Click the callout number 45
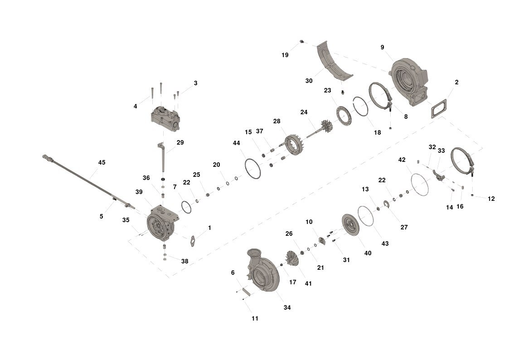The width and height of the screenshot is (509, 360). [102, 162]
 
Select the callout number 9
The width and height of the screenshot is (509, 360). [383, 48]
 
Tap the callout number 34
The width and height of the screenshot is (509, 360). [287, 307]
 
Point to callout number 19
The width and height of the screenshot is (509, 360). [285, 55]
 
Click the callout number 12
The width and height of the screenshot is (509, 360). [491, 199]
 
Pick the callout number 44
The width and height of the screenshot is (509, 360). [236, 143]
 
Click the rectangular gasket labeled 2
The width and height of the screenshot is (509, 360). [439, 109]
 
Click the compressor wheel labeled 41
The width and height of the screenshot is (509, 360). [294, 260]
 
